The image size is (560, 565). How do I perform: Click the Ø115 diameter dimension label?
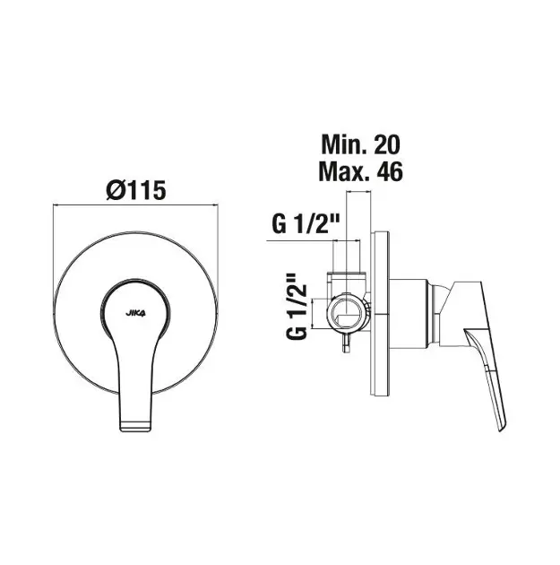136,190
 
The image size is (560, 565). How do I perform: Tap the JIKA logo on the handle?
135,313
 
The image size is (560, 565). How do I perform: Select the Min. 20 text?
360,144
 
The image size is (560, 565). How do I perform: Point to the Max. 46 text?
360,171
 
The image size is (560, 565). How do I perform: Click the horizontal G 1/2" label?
306,224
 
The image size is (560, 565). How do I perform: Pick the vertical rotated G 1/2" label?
297,307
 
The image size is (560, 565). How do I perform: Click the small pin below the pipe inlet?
346,343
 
